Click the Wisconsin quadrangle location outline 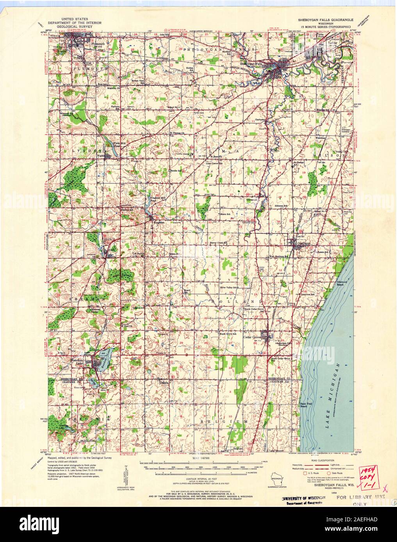(277, 479)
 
